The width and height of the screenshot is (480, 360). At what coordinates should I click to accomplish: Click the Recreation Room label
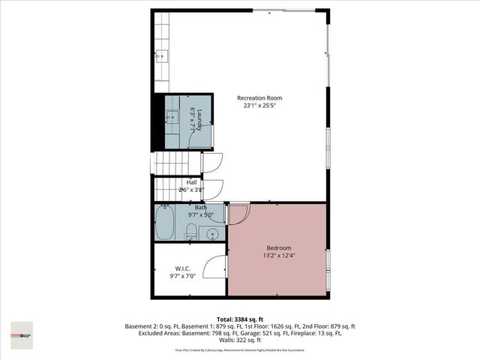pyautogui.click(x=259, y=98)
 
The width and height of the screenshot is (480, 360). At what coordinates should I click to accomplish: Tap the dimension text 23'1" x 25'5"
pyautogui.click(x=259, y=106)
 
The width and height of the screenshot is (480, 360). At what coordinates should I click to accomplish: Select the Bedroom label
pyautogui.click(x=278, y=247)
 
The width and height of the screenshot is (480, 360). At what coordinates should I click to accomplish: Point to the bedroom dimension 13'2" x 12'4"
pyautogui.click(x=278, y=256)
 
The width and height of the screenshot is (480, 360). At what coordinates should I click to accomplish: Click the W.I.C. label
pyautogui.click(x=182, y=268)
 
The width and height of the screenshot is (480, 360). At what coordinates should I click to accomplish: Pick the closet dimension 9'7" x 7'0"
pyautogui.click(x=182, y=277)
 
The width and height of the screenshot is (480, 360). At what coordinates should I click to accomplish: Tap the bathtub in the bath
pyautogui.click(x=165, y=224)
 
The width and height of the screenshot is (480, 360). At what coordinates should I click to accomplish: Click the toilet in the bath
pyautogui.click(x=191, y=230)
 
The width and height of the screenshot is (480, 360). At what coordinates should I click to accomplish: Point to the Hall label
pyautogui.click(x=191, y=182)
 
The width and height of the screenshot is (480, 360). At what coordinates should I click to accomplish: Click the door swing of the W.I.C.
pyautogui.click(x=216, y=264)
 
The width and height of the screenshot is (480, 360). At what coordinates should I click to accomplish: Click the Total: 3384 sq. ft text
pyautogui.click(x=239, y=319)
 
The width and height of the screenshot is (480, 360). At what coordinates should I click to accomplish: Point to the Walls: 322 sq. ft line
pyautogui.click(x=239, y=340)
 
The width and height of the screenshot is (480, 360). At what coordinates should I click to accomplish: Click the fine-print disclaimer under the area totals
pyautogui.click(x=239, y=349)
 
